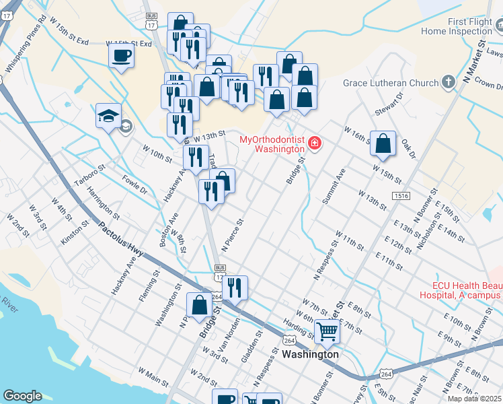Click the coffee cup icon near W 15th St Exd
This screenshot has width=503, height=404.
(x=121, y=55)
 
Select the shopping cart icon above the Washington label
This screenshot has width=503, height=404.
(x=327, y=331)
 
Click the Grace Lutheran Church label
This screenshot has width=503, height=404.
(x=390, y=83)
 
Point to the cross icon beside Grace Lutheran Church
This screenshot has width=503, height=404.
(x=449, y=83)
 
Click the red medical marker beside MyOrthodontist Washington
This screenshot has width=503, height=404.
(x=314, y=143)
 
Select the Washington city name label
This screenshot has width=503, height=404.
(x=310, y=353)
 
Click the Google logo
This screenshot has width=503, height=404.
(x=23, y=395)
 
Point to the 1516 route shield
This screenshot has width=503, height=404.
(x=402, y=195)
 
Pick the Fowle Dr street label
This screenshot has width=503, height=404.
(x=134, y=186)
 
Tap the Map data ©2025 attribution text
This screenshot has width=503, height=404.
(x=475, y=399)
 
